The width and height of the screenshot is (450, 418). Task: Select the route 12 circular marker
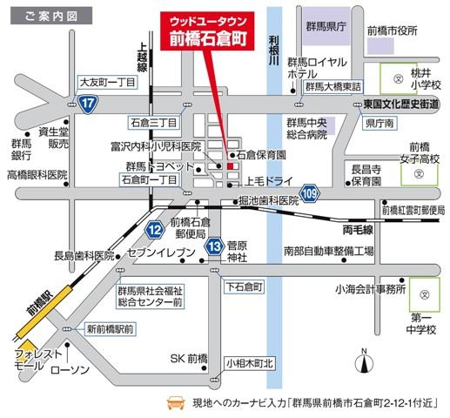pyautogui.click(x=155, y=229)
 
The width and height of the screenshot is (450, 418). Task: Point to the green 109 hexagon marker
pyautogui.click(x=311, y=192)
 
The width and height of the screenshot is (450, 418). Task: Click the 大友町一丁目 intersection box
pyautogui.click(x=107, y=81)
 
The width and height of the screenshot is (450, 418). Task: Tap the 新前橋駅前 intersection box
pyautogui.click(x=111, y=328)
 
